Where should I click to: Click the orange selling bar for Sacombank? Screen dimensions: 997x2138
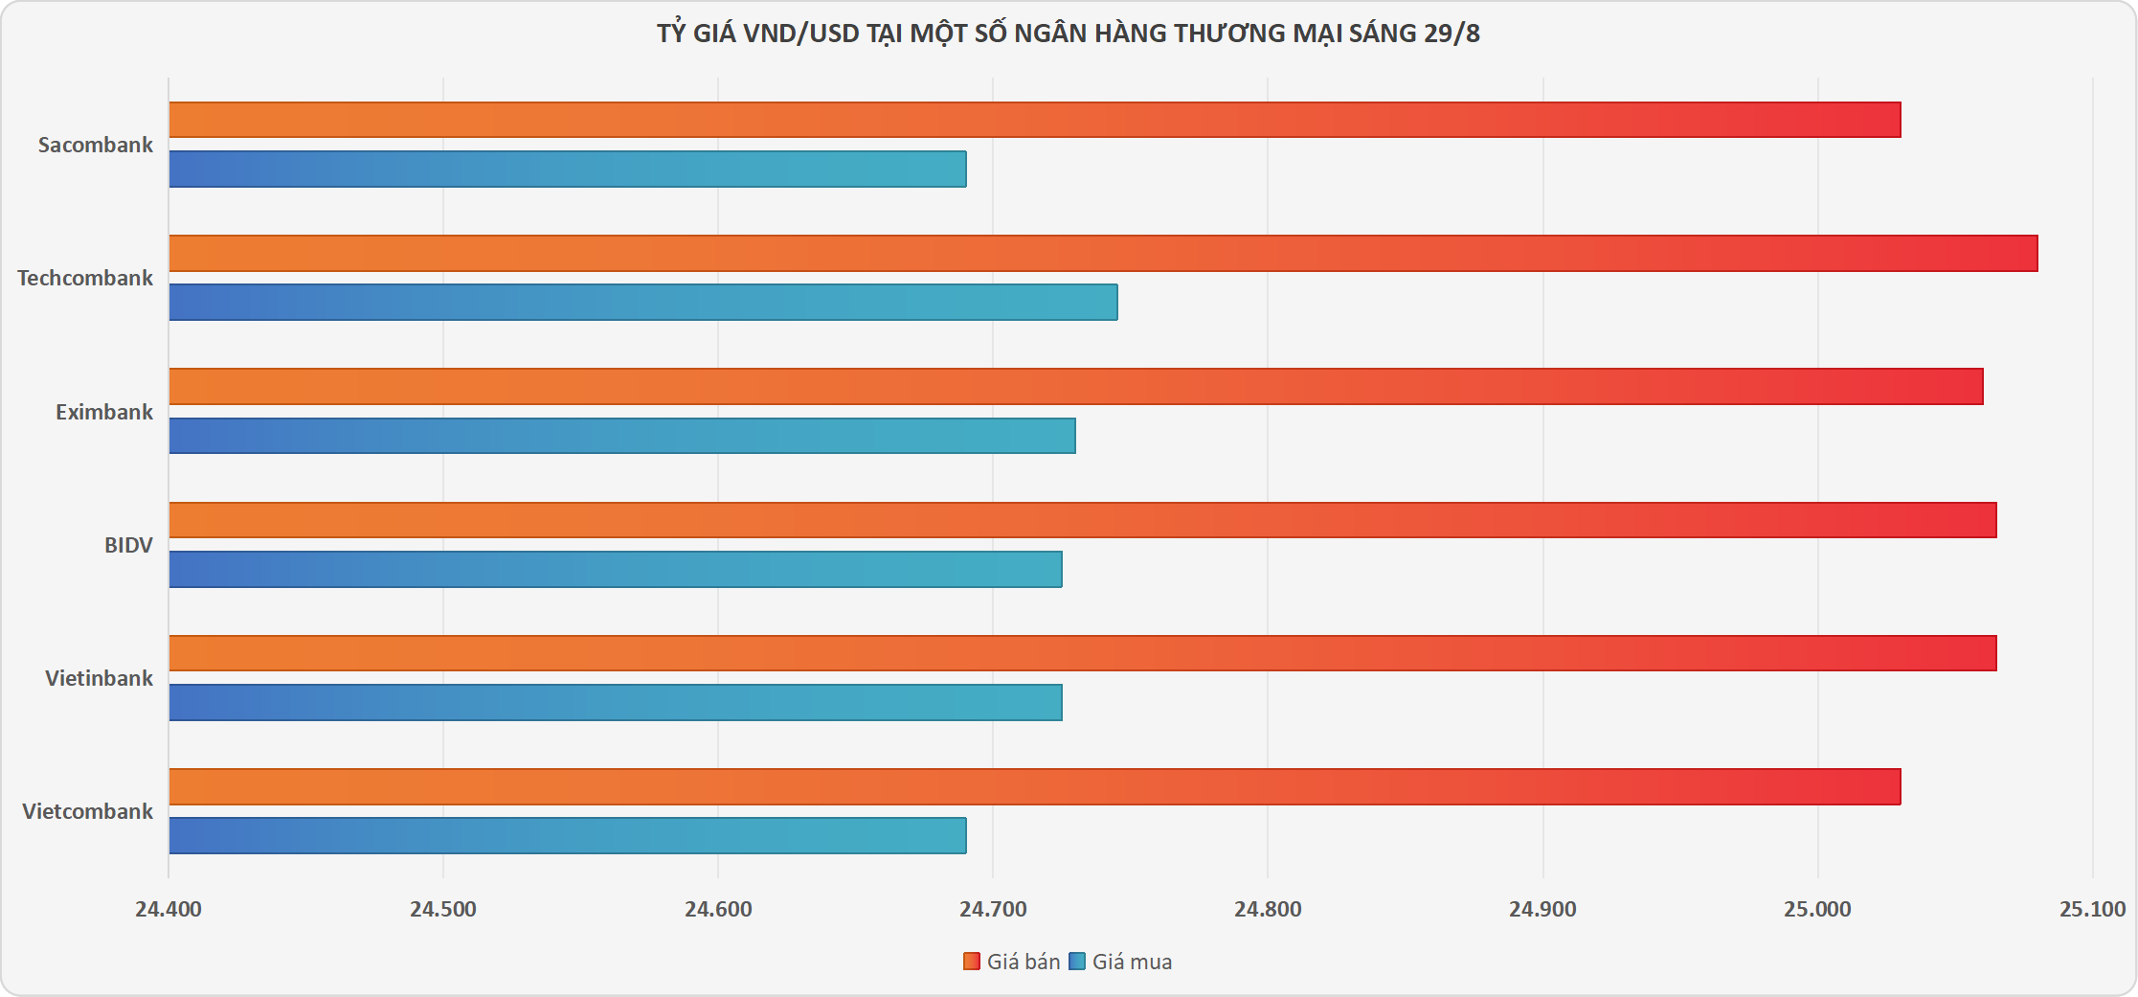coord(1034,120)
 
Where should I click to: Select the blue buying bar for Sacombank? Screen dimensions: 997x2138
coord(567,169)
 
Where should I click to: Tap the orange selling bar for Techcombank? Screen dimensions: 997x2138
coord(1103,253)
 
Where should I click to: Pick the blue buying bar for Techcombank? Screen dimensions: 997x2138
coord(642,302)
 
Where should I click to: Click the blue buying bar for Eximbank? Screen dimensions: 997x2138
coord(622,436)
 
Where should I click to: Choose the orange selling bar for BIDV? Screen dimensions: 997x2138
coord(1082,520)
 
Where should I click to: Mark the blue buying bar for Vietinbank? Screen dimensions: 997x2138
coord(616,702)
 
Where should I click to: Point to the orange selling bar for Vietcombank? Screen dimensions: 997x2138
coord(1034,786)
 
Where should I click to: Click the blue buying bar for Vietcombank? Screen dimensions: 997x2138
coord(567,835)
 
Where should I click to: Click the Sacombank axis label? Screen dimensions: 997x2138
coord(95,145)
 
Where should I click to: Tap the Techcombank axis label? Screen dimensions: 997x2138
coord(84,278)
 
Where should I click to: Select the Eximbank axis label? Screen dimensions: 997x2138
coord(103,412)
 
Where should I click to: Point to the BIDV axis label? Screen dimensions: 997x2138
coord(128,545)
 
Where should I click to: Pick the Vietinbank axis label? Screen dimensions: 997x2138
coord(99,678)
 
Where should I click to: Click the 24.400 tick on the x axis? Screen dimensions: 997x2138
coord(169,909)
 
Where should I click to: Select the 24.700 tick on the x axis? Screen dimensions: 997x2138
coord(993,909)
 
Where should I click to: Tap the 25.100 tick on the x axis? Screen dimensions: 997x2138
coord(2092,909)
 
